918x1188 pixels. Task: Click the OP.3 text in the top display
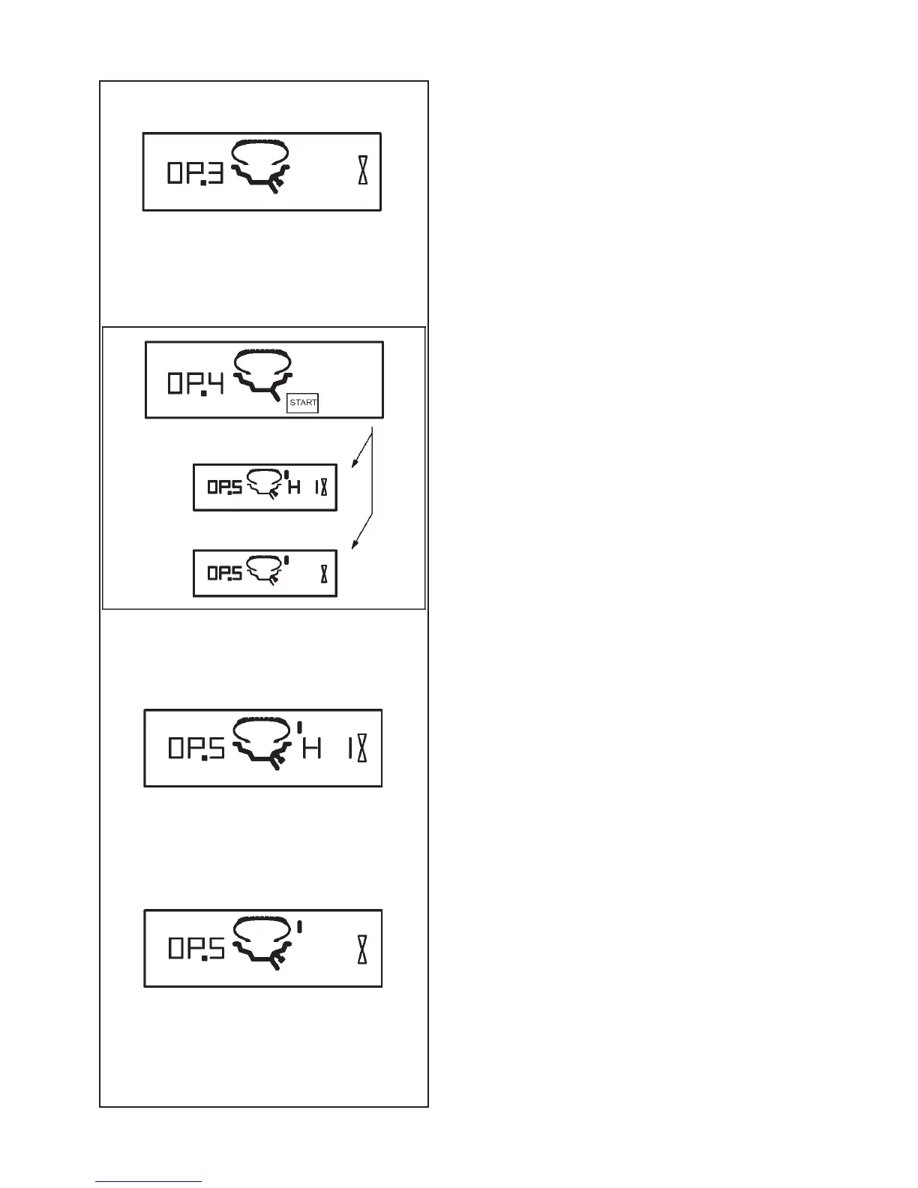195,175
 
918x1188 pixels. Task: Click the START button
303,403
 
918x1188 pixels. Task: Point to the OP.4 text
196,384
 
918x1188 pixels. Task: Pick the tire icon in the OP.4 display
262,375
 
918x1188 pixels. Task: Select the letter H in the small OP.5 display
295,487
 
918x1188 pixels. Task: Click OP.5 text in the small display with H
224,487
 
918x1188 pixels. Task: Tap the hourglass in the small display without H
324,574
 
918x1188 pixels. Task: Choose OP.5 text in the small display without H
224,574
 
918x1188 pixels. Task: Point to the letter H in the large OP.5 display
311,748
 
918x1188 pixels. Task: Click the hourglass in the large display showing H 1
363,748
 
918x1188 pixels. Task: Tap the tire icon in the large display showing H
262,743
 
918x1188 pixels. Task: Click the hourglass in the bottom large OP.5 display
363,948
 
